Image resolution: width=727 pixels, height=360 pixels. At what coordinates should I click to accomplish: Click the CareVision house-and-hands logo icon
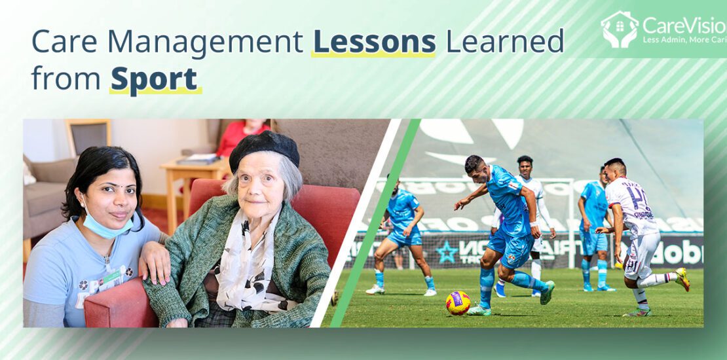(619, 29)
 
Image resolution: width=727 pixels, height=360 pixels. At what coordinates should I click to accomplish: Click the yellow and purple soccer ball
(458, 302)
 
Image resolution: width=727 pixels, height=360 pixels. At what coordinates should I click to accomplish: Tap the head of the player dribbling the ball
(475, 165)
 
